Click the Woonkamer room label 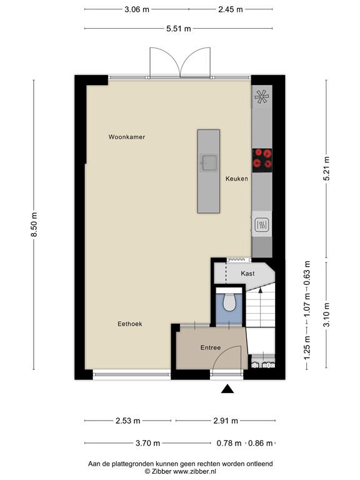126,137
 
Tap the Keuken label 237,179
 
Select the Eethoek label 130,324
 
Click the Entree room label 211,347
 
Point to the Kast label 247,274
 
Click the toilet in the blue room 228,302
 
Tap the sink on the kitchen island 208,162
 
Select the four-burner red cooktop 262,159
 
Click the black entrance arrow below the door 227,390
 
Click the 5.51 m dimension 178,29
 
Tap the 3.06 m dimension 137,9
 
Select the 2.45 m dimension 230,9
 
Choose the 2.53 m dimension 129,421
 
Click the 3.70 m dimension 148,443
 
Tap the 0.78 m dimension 229,443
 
